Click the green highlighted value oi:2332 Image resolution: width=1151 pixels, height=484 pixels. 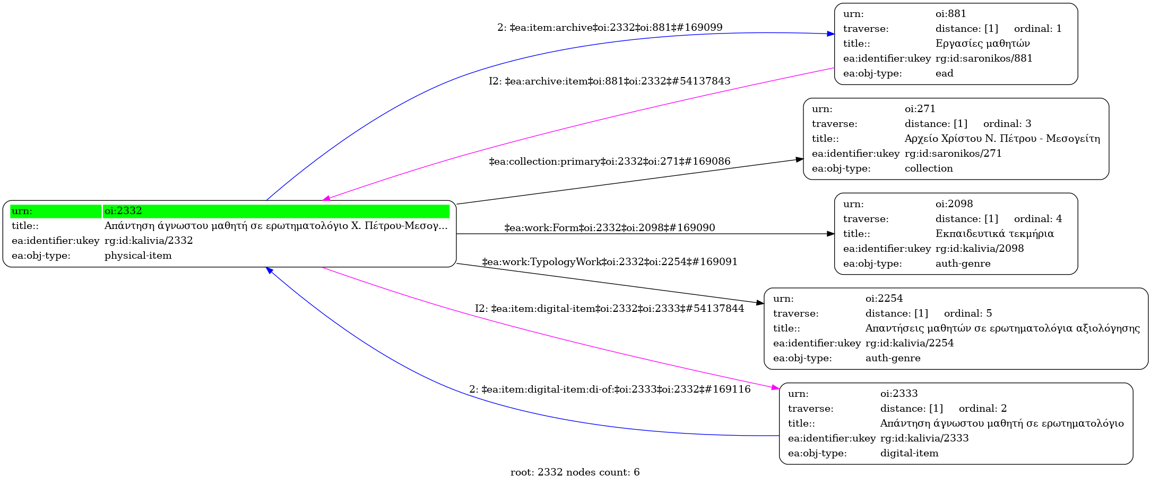tap(123, 211)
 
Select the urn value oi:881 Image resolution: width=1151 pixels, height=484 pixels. tap(950, 14)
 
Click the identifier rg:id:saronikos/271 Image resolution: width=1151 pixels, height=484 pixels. tap(953, 154)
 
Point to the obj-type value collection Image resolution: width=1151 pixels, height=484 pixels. tap(928, 168)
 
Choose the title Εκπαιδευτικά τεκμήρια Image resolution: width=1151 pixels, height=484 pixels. tap(994, 234)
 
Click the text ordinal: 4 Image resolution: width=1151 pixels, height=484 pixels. tap(1037, 219)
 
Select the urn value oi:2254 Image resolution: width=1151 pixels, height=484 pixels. tap(884, 299)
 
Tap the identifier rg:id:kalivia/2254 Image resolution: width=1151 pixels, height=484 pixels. tap(909, 343)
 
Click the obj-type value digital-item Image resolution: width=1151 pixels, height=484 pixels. tap(909, 453)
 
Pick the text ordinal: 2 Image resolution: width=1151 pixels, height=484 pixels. tap(982, 409)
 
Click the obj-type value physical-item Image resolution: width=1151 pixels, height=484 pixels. tap(138, 256)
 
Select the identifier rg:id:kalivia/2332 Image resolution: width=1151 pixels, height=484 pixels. tap(149, 241)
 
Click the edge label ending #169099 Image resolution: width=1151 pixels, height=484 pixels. tap(609, 28)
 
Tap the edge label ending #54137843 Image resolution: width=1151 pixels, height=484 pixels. tap(609, 81)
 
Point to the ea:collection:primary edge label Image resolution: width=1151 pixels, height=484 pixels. tap(609, 162)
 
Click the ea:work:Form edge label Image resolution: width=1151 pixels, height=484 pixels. tap(609, 228)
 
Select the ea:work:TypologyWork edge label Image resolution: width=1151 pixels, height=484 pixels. tap(609, 262)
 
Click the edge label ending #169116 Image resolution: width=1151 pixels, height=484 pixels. tap(609, 389)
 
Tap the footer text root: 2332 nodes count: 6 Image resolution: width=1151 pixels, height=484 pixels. tap(575, 472)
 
